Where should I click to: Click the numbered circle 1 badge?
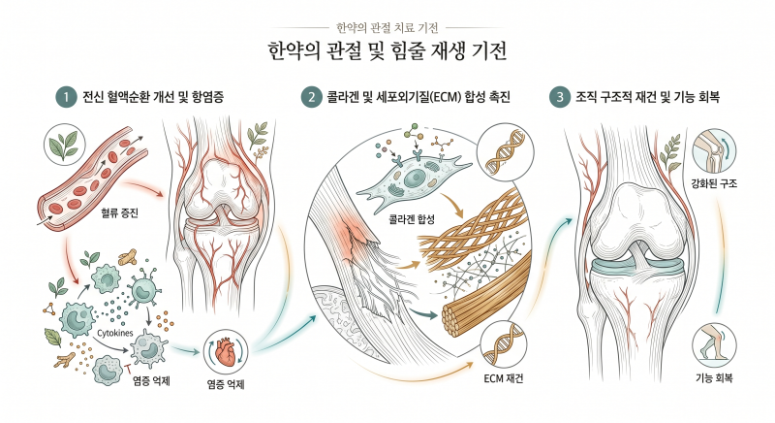coord(66,96)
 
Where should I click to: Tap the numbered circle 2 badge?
coord(311,96)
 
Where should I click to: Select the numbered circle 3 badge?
coord(560,96)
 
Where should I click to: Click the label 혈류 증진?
coord(119,213)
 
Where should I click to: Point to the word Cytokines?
coord(114,333)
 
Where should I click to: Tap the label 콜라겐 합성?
coord(412,219)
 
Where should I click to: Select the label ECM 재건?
coord(503,379)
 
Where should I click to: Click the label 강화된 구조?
coord(714,183)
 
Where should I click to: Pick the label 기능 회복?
coord(714,379)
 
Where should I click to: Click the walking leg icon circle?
coord(714,344)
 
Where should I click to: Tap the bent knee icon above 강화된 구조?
coord(714,151)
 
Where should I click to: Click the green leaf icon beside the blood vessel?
coord(64,144)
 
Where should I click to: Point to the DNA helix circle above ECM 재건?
coord(503,344)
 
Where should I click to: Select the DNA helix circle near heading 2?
coord(507,150)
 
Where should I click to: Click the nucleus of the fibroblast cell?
coord(415,178)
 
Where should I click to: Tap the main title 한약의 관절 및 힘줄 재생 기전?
coord(387,51)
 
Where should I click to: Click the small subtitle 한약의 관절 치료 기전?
coord(387,28)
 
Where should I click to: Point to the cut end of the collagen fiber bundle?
coord(452,319)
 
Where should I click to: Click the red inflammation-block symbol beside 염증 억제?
coord(129,368)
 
